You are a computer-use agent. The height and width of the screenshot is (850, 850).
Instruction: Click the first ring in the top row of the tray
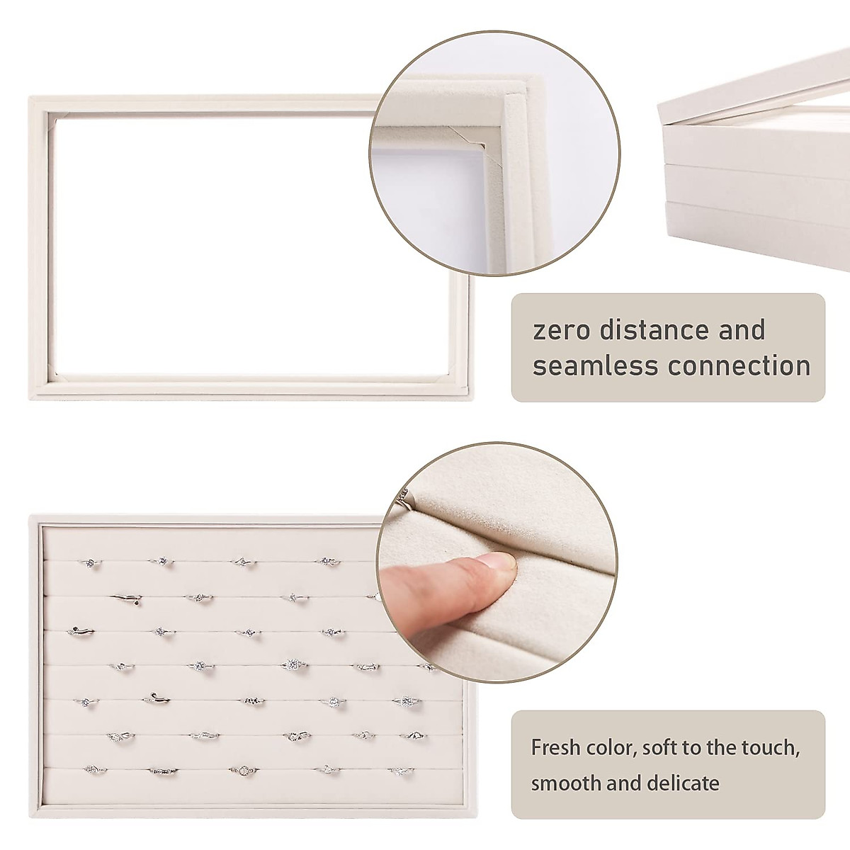90,563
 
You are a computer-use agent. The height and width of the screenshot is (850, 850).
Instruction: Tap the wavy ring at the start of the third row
81,631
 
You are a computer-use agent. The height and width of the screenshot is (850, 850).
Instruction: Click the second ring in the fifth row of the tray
155,700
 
